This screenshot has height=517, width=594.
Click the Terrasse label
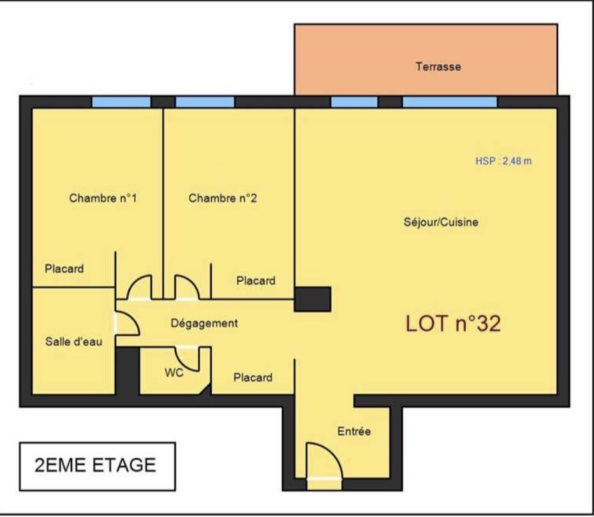pos(438,67)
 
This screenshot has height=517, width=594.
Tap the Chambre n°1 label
pos(103,198)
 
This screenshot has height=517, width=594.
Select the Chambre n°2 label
pos(223,198)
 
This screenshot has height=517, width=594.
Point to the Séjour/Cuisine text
pos(441,221)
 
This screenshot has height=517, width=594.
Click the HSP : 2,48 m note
pos(503,161)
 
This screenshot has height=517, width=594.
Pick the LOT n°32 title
pos(453,324)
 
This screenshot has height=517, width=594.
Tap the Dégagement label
pos(204,324)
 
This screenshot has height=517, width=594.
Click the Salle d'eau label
pos(74,341)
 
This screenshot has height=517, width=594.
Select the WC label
pos(174,373)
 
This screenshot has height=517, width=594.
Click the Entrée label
pos(354,431)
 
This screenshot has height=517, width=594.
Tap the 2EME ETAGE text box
pos(98,466)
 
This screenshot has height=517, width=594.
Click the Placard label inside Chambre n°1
pos(64,269)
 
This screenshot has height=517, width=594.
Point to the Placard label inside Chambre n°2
pos(256,280)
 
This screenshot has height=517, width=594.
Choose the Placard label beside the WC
pos(253,377)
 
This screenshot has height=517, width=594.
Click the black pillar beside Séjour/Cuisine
pos(313,299)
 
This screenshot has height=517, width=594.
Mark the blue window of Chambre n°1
pos(121,102)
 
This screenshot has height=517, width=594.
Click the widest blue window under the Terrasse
pos(450,102)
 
